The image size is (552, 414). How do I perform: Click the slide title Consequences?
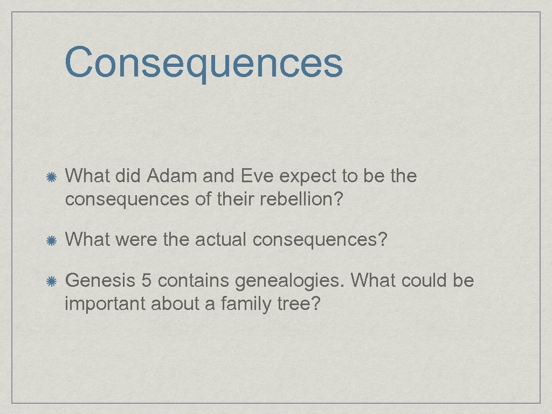click(203, 62)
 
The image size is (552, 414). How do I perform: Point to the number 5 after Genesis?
click(146, 281)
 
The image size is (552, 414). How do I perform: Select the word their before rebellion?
click(237, 199)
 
